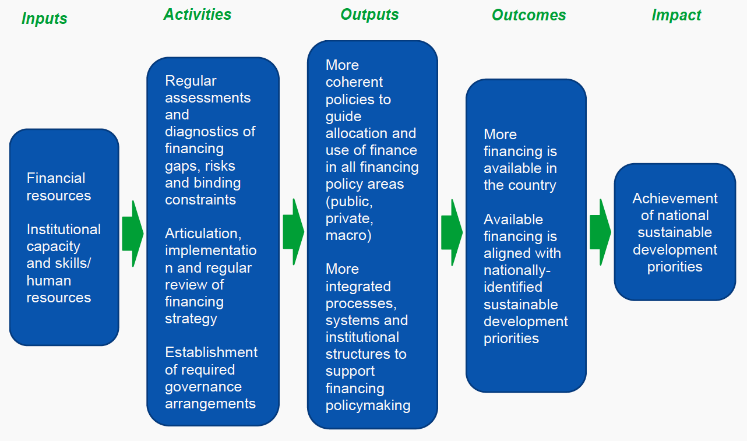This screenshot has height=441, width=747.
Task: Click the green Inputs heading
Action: tap(44, 19)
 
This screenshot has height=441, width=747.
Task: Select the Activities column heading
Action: tap(198, 15)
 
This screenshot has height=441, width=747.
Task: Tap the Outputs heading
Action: tap(369, 15)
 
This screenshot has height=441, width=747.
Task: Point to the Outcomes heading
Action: tap(528, 15)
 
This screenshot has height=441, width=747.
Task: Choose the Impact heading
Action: tap(676, 15)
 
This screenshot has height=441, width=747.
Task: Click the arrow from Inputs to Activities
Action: tap(133, 233)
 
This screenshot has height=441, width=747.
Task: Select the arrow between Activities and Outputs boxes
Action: tap(293, 231)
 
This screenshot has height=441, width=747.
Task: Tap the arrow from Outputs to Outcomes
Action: tap(452, 232)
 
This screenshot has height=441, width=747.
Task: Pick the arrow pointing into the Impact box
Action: tap(600, 232)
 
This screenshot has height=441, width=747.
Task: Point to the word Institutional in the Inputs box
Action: tap(64, 229)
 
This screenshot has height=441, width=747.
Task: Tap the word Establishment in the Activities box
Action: tap(211, 352)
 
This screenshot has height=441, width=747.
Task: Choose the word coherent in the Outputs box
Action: tap(354, 82)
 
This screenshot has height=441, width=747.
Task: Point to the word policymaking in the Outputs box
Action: tap(368, 405)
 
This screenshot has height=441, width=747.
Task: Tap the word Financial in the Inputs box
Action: tap(56, 178)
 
